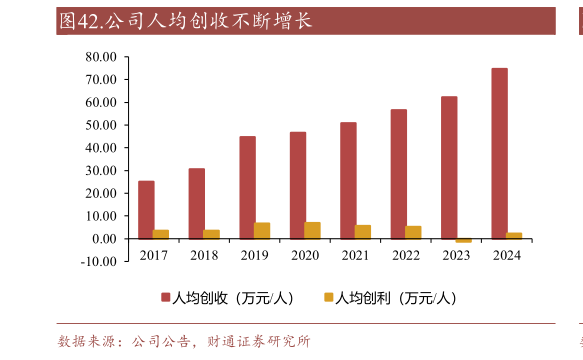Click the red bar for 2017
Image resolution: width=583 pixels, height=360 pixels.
pos(146,209)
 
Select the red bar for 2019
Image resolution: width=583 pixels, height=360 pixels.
pos(247,187)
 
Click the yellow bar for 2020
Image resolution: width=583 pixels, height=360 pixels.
pos(312,230)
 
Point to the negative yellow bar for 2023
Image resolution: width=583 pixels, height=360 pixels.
pos(463,240)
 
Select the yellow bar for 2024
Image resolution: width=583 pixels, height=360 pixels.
pos(514,235)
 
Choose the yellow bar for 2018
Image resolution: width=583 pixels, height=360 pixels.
pos(211,234)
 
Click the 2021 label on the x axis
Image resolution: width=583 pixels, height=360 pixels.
pos(355,256)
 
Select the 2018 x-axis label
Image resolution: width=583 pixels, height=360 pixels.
pos(204,256)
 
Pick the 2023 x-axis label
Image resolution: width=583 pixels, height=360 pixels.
pos(456,256)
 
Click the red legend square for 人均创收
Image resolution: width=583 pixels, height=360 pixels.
pos(166,298)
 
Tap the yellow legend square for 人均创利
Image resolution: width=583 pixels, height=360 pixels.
pos(327,298)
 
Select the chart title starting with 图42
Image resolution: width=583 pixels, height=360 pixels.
pos(185,21)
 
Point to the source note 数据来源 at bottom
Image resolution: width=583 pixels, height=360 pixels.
pos(184,342)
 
